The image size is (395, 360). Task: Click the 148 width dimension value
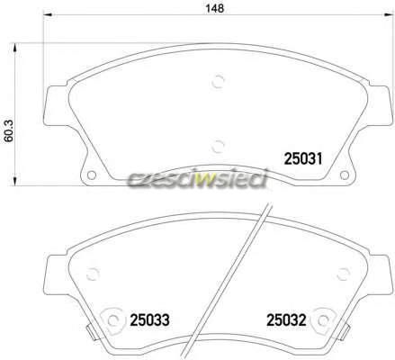coord(214,8)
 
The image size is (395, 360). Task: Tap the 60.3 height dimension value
coord(9,130)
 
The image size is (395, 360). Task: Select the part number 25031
coord(303,158)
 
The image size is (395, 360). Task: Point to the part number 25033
coord(149,320)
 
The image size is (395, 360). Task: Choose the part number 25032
coord(286,320)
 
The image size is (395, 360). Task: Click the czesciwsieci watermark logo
coord(197,179)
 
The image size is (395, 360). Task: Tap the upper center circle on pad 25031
coord(218,81)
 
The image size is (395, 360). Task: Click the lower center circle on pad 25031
coord(218,147)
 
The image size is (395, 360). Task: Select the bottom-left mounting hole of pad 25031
coord(92,175)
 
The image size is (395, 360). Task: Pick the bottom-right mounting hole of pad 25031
coord(345,175)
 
